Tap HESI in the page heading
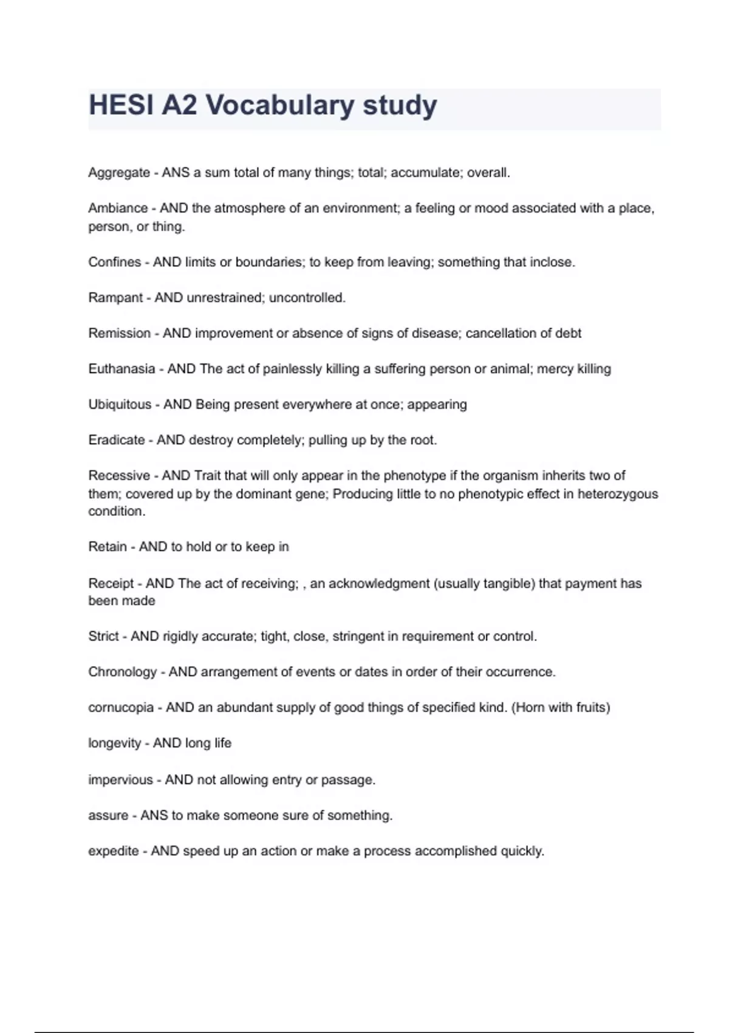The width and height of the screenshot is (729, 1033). [x=120, y=105]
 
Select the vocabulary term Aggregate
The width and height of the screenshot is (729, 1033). [x=119, y=173]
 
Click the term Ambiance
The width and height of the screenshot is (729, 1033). [x=118, y=208]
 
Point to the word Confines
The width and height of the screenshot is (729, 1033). [x=115, y=263]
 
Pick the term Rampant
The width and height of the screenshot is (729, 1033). [x=115, y=298]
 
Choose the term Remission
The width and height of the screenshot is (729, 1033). [x=120, y=334]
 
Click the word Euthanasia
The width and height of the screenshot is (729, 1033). [x=122, y=369]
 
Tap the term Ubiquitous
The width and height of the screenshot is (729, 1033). [x=120, y=405]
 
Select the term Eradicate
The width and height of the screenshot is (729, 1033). [x=117, y=440]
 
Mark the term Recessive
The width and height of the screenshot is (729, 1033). [x=119, y=476]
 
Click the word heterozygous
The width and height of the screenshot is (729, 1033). [x=617, y=494]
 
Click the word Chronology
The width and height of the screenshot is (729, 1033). [x=123, y=672]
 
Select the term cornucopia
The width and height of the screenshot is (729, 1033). [x=121, y=708]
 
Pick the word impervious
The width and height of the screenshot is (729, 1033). [x=120, y=780]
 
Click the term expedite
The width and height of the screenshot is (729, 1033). [x=114, y=851]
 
